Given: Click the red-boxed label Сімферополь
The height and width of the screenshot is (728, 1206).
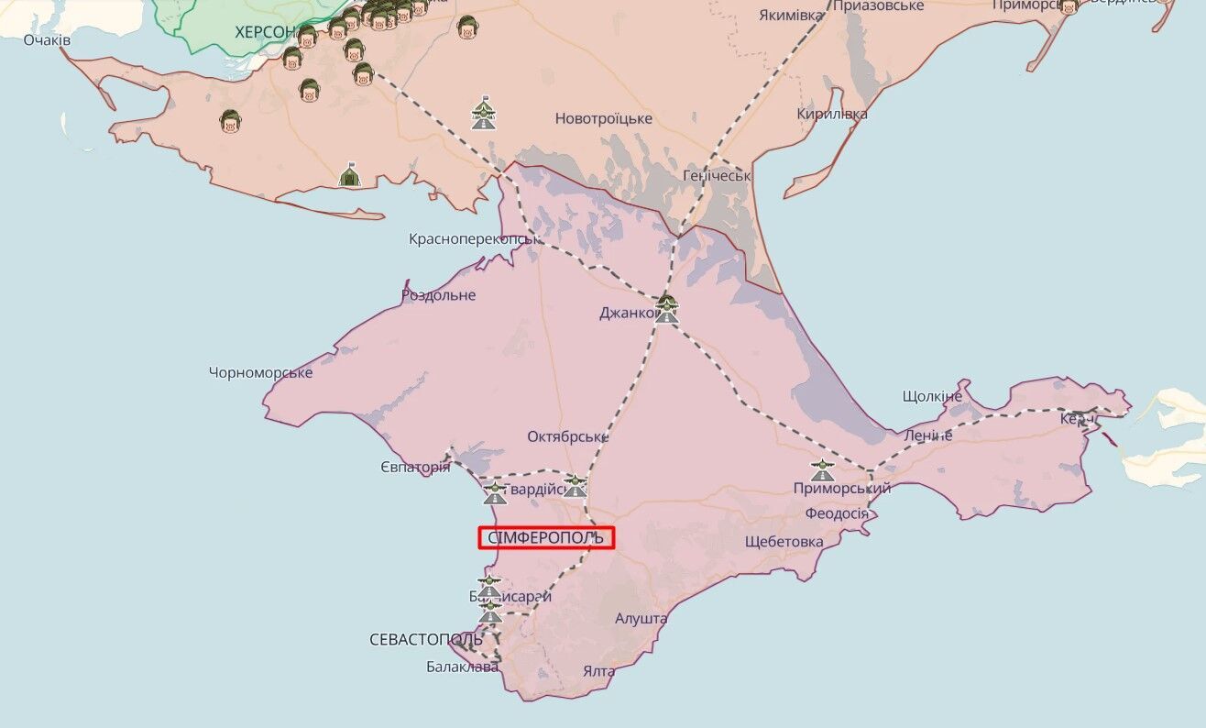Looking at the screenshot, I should pos(546,537).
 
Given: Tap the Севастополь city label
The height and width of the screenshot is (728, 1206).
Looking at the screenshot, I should pos(425,639).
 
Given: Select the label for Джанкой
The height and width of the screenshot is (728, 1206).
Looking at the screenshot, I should pos(628,313).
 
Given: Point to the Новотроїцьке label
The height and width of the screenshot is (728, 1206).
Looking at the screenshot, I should pos(603,118).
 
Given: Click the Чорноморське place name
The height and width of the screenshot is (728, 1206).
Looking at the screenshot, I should pos(260,372).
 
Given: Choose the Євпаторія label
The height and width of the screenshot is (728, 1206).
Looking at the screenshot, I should pos(415,467).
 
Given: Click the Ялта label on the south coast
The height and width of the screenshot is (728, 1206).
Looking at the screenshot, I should pos(598,671).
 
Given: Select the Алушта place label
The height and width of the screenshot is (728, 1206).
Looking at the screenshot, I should pos(641,619).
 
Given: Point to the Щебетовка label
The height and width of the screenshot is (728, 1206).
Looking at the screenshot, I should pos(784,541).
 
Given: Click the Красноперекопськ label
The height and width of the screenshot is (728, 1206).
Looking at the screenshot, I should pos(473,238).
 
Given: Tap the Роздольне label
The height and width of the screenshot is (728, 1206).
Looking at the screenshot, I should pos(438,295).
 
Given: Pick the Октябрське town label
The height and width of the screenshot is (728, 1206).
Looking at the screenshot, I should pos(567,436).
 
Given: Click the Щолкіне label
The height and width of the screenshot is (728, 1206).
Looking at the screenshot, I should pos(932,396).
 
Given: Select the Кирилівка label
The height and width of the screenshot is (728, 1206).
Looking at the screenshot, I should pos(831,114).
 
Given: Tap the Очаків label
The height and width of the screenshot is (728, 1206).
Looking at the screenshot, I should pos(47,40).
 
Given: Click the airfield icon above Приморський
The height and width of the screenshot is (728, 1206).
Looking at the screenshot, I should pos(822,470).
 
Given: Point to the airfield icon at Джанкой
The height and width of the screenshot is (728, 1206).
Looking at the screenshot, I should pos(666,308).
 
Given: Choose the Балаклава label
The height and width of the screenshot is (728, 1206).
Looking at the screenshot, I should pos(462,667).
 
